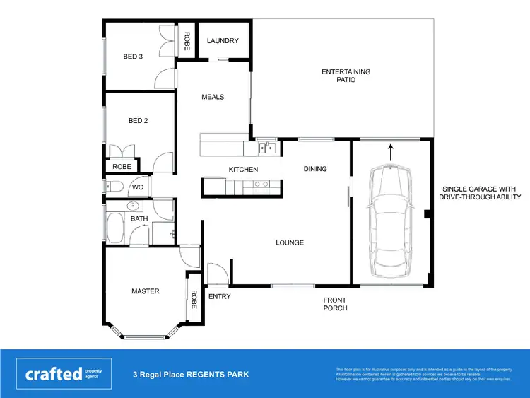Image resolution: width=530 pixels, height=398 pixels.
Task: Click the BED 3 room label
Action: tap(134, 57)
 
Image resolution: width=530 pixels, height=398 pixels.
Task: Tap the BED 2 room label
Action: tap(138, 121)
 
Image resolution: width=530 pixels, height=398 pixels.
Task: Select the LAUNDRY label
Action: tap(223, 41)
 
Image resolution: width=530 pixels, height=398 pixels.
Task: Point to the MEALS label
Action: tap(213, 97)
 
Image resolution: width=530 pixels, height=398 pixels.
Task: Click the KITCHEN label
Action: tap(243, 170)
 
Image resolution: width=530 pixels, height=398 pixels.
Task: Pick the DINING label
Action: tap(315, 169)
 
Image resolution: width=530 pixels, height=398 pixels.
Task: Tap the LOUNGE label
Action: tap(290, 243)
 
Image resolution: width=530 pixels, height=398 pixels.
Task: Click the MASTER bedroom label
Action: tap(146, 291)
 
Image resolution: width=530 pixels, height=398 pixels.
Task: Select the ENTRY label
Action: tap(220, 296)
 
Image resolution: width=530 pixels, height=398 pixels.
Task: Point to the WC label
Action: tap(138, 187)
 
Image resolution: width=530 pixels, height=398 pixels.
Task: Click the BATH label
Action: tap(139, 220)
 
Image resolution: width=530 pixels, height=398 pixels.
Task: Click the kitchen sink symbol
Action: tap(266, 148)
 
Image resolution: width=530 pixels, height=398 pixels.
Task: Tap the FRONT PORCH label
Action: tap(336, 304)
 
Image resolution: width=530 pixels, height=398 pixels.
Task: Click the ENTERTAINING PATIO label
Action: tap(346, 76)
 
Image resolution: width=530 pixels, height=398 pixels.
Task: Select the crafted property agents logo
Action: tap(64, 374)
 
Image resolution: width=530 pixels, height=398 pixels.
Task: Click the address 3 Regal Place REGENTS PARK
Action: tap(191, 375)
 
